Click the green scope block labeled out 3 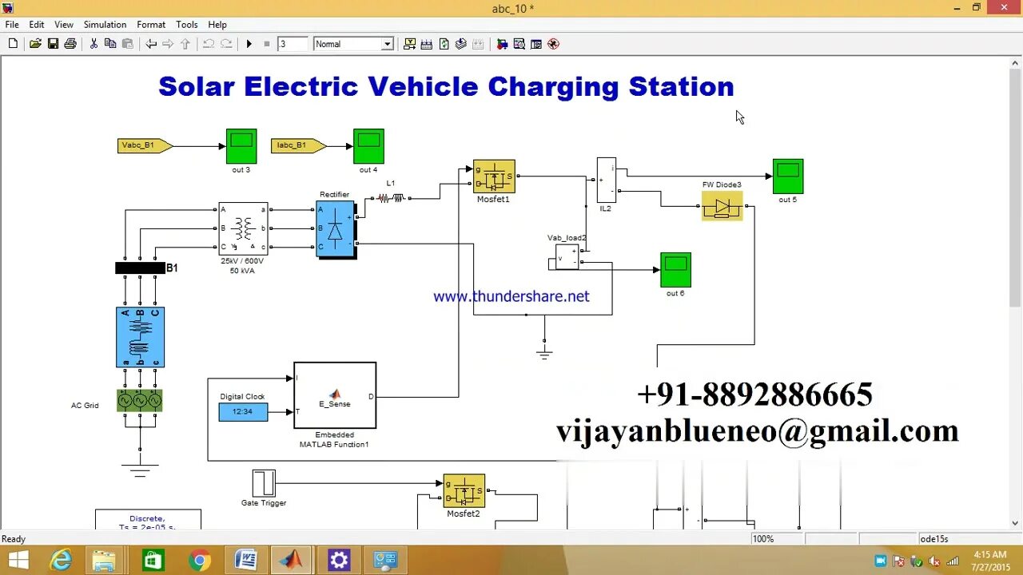pos(241,146)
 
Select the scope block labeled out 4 pos(368,146)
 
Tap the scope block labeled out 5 pos(788,176)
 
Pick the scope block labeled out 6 pos(675,270)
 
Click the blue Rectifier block pos(336,229)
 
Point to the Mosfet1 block pos(494,176)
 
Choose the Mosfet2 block pos(464,491)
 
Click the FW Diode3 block pos(722,206)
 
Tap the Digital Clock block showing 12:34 pos(243,412)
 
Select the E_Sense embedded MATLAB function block pos(335,395)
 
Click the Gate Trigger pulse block pos(264,483)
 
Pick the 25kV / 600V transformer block pos(243,228)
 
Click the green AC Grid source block pos(140,400)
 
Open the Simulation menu pos(105,25)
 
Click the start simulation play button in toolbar pos(249,44)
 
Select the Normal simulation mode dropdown pos(353,44)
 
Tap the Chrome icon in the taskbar pos(200,560)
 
